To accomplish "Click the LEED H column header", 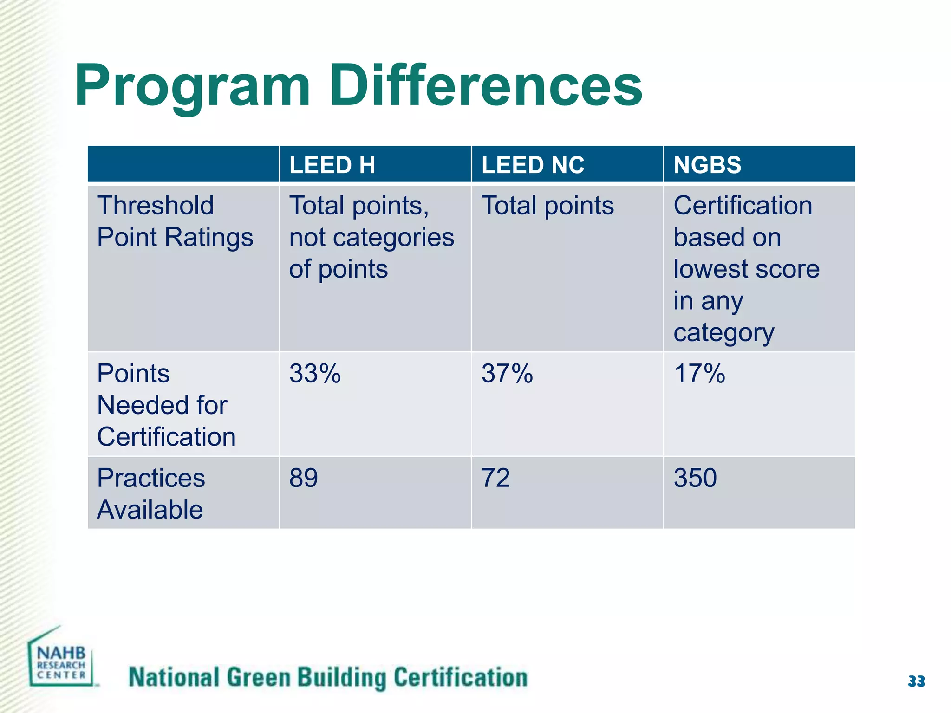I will (332, 165).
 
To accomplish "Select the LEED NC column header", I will (533, 165).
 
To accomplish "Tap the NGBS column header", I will (707, 165).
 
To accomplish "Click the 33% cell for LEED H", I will (315, 374).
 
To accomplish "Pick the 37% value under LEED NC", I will (507, 374).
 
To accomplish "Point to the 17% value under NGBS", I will (699, 374).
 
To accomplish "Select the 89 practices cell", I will (303, 478).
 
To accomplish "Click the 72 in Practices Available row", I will (495, 478).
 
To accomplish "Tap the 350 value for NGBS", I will (695, 478).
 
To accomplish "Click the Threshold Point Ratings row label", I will (175, 221).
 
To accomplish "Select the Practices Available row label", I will (150, 494).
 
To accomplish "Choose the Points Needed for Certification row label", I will (166, 405).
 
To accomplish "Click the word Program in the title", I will (192, 87).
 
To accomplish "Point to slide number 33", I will (916, 681).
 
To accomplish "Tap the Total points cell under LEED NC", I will (547, 206).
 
